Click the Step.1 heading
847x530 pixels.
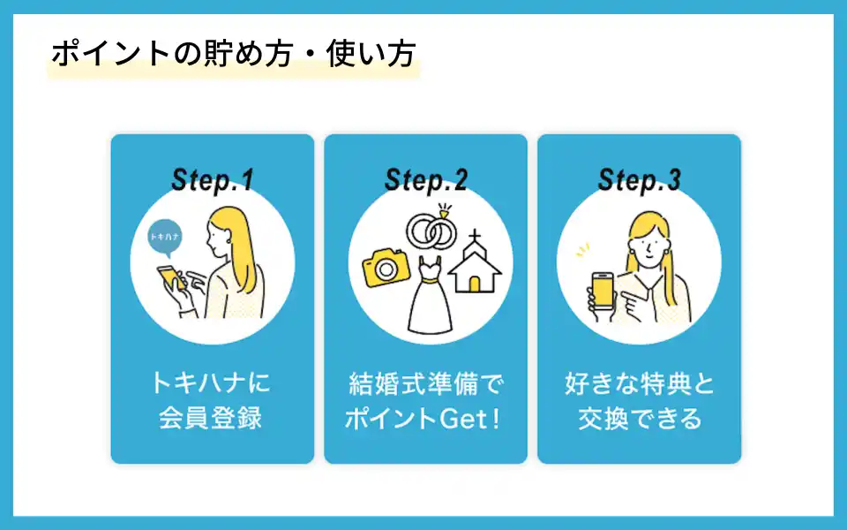213,179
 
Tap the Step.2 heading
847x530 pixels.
425,179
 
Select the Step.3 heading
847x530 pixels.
639,179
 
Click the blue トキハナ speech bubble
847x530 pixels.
165,238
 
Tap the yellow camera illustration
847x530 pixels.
386,267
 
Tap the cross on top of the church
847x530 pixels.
475,237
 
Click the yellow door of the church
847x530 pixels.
475,284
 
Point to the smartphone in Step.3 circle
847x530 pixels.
603,291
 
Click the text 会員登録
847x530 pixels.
211,418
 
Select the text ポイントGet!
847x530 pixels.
423,419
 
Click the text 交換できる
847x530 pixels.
640,419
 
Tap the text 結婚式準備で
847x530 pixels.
425,383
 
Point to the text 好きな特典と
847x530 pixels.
640,383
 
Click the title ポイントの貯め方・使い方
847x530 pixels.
233,54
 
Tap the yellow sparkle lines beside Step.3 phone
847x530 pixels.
582,250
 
